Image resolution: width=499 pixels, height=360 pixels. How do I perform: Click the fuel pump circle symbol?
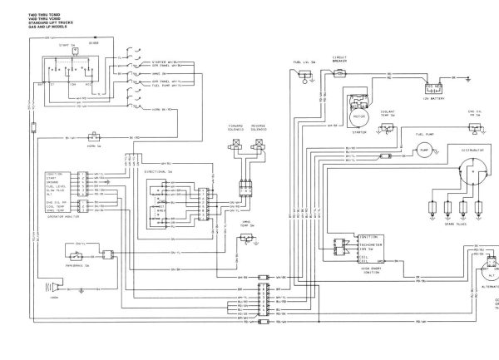point(424,153)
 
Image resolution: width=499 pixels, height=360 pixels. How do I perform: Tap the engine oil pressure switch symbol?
point(475,124)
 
